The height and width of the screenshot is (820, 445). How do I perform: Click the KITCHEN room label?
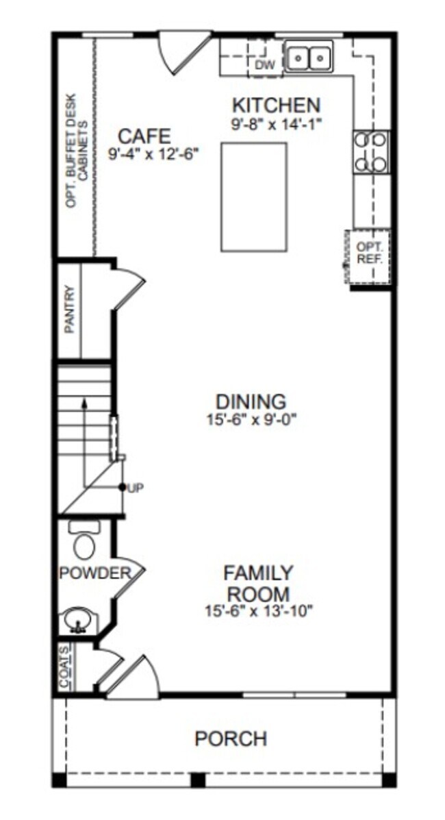tap(276, 105)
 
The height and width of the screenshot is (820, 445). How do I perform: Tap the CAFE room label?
tap(144, 136)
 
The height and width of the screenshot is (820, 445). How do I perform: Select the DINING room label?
tap(251, 402)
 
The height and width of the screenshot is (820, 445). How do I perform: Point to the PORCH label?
tap(231, 739)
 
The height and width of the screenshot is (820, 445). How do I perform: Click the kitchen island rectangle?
tap(254, 197)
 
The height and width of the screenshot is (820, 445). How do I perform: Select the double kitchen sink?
tap(309, 57)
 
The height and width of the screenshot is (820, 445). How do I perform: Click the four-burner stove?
tap(371, 151)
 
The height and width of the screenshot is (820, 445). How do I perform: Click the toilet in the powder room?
tap(84, 541)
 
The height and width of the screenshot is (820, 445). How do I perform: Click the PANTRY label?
tap(70, 309)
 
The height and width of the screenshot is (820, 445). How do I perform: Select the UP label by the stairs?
tap(136, 488)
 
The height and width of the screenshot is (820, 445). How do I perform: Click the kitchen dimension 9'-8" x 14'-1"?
tap(276, 124)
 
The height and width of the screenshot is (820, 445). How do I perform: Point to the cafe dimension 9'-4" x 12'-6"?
tap(154, 155)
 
